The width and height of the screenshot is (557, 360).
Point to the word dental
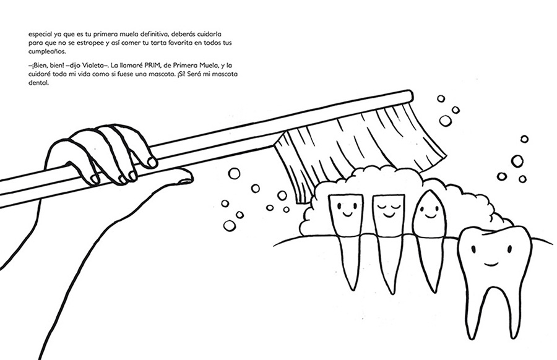(x=38, y=84)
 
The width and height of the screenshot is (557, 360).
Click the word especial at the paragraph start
(x=40, y=35)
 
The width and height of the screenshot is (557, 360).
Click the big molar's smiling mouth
(x=491, y=264)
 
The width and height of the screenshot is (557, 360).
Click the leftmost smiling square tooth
(x=344, y=216)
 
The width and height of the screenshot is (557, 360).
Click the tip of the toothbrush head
(x=412, y=95)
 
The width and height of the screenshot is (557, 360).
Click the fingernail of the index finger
(x=152, y=163)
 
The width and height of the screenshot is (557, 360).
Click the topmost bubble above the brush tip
(x=441, y=98)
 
